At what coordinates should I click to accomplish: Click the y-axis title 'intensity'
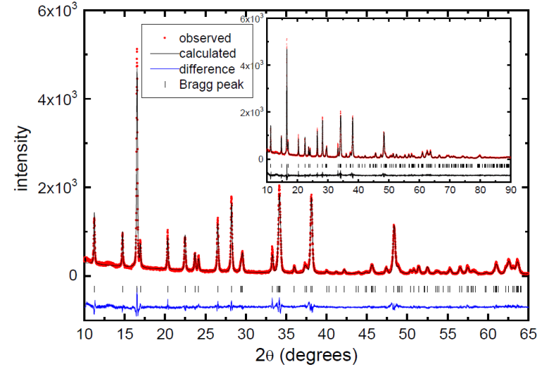click(x=23, y=158)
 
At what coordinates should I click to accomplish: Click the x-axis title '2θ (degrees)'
click(x=306, y=353)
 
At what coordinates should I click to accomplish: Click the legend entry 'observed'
click(x=205, y=38)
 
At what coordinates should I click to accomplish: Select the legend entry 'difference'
click(x=206, y=69)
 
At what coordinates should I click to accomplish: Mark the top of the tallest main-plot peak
click(x=136, y=49)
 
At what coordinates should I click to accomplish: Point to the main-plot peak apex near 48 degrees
click(x=394, y=225)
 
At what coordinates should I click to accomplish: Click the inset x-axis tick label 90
click(x=510, y=190)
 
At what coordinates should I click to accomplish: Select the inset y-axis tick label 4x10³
click(x=252, y=65)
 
